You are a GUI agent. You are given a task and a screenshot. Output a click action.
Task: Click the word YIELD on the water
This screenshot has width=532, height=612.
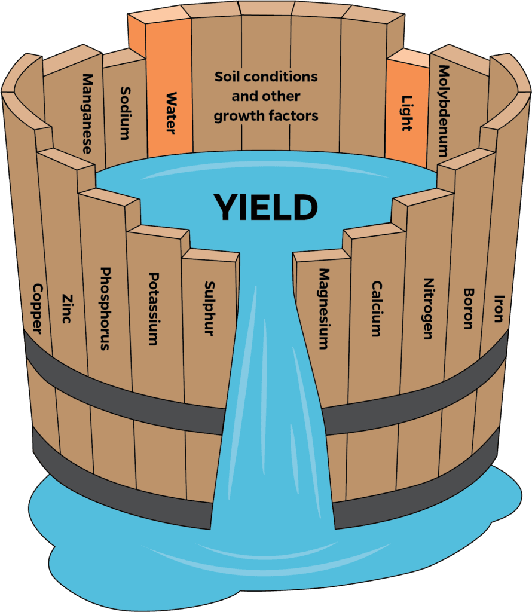(266, 208)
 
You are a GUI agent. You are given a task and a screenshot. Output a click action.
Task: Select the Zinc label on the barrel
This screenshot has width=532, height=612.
(66, 308)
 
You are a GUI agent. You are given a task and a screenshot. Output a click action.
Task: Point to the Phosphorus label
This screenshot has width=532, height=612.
(106, 308)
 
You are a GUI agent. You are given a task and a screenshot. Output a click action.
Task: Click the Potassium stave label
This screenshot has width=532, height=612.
(154, 308)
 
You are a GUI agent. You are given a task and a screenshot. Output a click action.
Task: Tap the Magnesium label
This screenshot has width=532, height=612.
(323, 308)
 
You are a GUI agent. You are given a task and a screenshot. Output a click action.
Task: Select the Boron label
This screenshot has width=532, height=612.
(468, 308)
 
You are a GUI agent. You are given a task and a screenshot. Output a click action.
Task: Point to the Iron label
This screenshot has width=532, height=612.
(498, 308)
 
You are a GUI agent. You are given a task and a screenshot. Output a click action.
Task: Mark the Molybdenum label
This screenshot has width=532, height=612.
(443, 111)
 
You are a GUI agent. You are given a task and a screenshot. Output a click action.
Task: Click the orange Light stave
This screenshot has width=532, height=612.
(407, 114)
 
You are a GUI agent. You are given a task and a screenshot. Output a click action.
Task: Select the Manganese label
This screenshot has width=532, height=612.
(87, 114)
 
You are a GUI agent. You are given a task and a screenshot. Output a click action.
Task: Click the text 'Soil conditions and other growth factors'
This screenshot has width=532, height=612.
(266, 96)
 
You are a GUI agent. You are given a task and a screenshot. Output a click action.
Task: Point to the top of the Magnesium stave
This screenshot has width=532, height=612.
(322, 255)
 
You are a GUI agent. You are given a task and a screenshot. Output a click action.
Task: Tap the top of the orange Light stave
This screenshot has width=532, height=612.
(408, 57)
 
